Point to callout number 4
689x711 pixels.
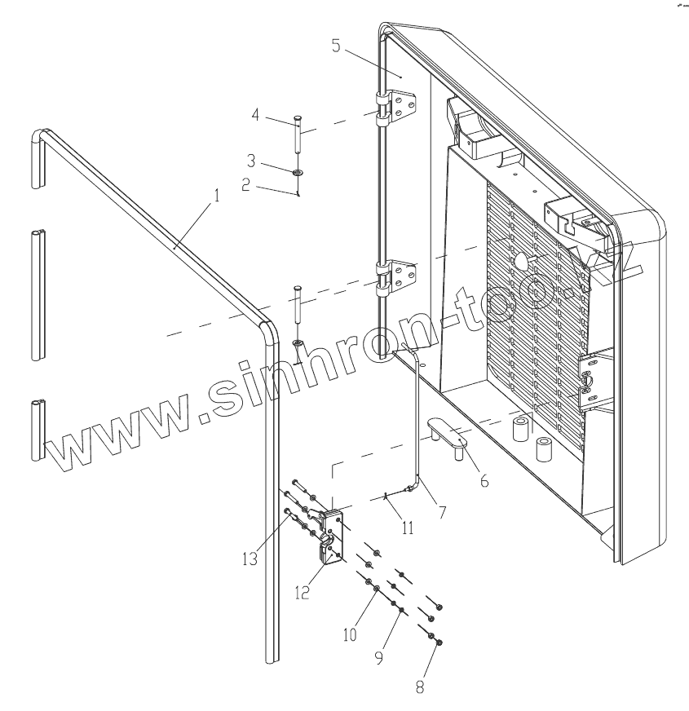point(255,116)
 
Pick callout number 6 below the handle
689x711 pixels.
point(484,481)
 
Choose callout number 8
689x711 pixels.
point(420,687)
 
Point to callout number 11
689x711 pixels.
point(408,528)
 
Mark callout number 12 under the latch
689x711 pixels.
point(303,593)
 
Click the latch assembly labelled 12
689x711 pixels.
point(331,535)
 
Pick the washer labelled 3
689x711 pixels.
point(298,172)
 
